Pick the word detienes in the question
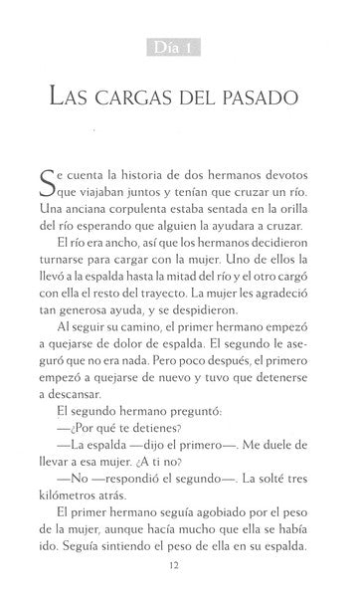[156, 461]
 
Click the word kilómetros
[76, 513]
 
